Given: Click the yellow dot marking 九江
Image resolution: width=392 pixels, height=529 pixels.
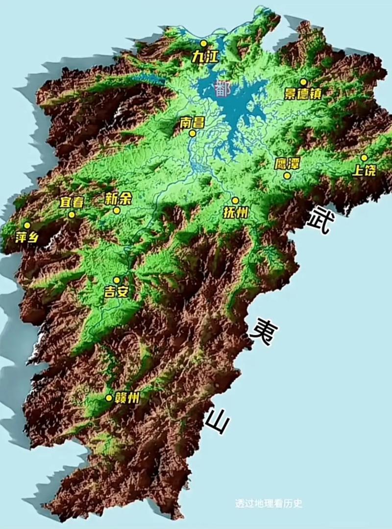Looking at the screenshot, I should tap(203, 43).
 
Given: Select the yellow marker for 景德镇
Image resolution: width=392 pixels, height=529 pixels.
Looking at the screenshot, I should tap(303, 82).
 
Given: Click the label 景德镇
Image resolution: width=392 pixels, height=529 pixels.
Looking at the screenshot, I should tap(303, 93).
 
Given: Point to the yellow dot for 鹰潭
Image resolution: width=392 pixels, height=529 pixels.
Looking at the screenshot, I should tap(287, 175).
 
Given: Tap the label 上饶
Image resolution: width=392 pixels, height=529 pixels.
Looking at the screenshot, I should tap(365, 170).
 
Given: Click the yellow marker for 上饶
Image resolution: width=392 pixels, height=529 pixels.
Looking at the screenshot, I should tap(364, 157).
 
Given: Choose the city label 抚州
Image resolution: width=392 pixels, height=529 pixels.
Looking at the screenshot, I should tap(236, 212).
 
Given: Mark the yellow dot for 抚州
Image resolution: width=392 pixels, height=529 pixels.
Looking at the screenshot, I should tap(235, 201).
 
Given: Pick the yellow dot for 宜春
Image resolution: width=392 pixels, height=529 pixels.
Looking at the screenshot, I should tap(72, 214).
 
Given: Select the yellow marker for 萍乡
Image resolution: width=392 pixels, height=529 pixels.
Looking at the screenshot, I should tap(27, 225).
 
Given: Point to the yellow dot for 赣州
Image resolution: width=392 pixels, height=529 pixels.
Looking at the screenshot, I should tap(109, 398).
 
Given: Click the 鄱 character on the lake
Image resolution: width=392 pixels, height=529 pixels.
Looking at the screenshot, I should tap(223, 89).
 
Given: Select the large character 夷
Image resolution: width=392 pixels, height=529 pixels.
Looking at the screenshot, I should tap(262, 331).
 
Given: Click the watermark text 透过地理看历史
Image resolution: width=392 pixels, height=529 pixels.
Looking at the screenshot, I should tap(269, 504).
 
